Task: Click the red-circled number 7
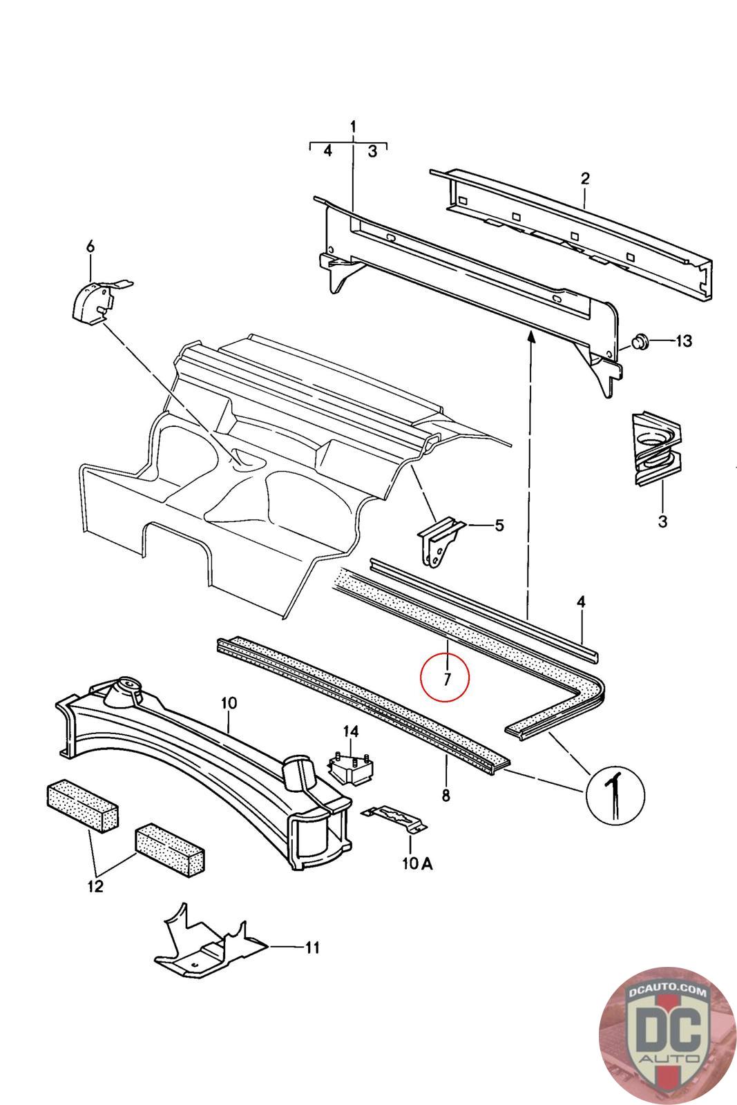[446, 677]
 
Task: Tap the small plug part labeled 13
[639, 341]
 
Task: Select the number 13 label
[682, 341]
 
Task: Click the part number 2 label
[585, 178]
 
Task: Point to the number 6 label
[89, 247]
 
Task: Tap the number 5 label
[499, 526]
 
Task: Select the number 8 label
[446, 796]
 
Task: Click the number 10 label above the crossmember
[229, 703]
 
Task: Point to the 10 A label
[418, 863]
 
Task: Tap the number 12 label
[95, 886]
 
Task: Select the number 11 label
[312, 948]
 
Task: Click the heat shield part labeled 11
[207, 946]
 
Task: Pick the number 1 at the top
[353, 127]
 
